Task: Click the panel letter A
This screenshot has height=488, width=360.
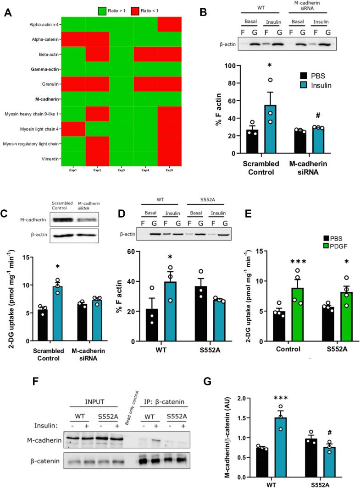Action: (x=8, y=13)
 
